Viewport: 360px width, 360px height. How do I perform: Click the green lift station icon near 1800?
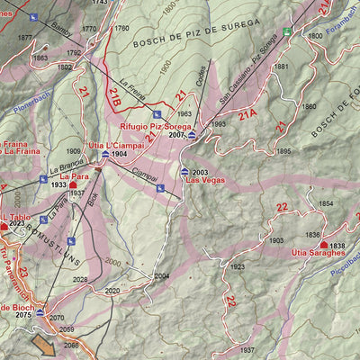click(287, 31)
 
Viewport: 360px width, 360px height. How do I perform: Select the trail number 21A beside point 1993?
click(247, 114)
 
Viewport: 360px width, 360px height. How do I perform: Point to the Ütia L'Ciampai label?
click(113, 145)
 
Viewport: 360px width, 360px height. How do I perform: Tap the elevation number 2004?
click(161, 276)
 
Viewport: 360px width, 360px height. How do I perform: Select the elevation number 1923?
click(237, 267)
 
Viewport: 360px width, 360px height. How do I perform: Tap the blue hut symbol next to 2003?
click(184, 171)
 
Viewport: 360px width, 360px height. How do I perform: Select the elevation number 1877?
click(24, 38)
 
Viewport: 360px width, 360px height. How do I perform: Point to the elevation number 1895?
click(284, 151)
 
